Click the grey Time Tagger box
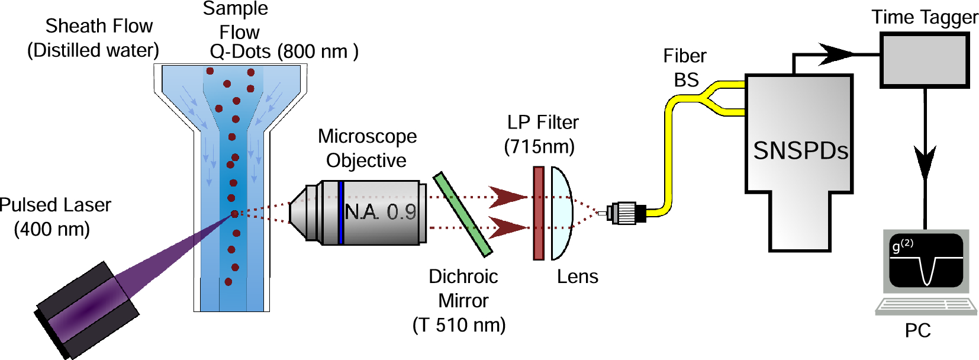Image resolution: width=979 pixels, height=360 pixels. click(x=924, y=60)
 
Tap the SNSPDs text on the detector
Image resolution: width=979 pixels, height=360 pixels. click(x=800, y=151)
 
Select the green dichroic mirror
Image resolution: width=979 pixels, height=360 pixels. click(x=463, y=214)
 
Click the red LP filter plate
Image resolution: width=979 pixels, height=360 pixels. click(x=538, y=213)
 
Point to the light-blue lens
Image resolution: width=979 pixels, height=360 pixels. click(x=562, y=213)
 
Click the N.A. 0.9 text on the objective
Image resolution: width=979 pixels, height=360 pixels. click(x=381, y=212)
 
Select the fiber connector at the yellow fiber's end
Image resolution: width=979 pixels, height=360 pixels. click(x=626, y=213)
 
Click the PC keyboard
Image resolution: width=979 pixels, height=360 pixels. click(x=926, y=306)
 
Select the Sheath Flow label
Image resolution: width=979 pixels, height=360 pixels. click(x=99, y=26)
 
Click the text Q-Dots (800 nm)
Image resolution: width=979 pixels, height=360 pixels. click(x=284, y=52)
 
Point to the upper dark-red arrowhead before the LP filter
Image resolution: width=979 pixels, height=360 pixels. click(x=507, y=197)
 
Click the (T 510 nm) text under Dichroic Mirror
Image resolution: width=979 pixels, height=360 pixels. click(x=459, y=325)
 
